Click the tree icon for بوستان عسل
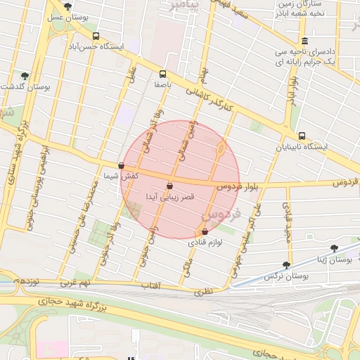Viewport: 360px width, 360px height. (x=67, y=6)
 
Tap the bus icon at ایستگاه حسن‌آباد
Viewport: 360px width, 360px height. (x=96, y=36)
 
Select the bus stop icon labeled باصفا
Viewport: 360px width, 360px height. (x=163, y=73)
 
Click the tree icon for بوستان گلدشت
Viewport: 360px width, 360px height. (x=25, y=75)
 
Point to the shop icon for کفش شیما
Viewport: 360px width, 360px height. (x=122, y=167)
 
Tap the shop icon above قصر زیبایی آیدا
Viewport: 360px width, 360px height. (x=169, y=186)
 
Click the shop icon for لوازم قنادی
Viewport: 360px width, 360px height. (x=205, y=231)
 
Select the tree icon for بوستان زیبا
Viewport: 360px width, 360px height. (x=334, y=248)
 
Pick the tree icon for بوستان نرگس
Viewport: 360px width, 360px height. (x=285, y=265)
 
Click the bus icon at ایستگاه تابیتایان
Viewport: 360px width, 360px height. (x=301, y=136)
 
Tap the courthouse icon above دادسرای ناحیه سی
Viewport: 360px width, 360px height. (x=304, y=41)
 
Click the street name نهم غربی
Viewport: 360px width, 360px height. (x=77, y=283)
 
